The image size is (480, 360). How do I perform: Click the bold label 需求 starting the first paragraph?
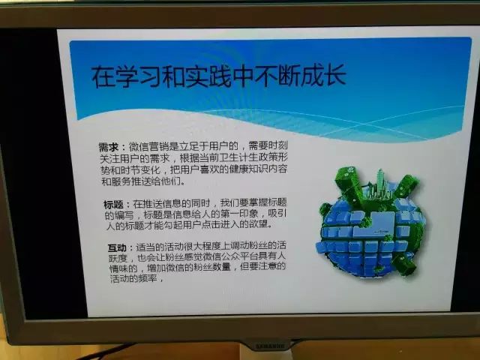pyautogui.click(x=109, y=147)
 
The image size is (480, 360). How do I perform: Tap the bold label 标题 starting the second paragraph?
pyautogui.click(x=113, y=205)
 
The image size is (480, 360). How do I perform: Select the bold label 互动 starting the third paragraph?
pyautogui.click(x=117, y=247)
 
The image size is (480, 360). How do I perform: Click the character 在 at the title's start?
pyautogui.click(x=103, y=77)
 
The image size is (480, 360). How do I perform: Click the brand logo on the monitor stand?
pyautogui.click(x=270, y=346)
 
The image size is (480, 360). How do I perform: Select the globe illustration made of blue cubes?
pyautogui.click(x=370, y=222)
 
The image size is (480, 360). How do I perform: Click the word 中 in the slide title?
pyautogui.click(x=242, y=76)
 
